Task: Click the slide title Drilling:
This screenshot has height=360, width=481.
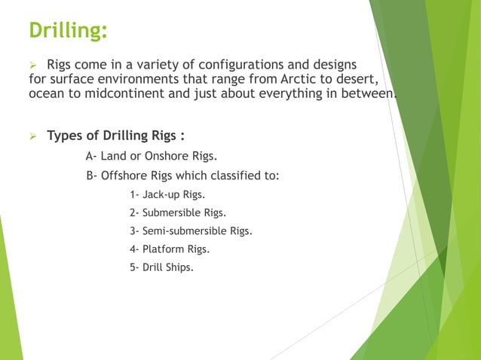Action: [68, 31]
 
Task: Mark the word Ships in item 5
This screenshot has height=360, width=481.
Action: [179, 267]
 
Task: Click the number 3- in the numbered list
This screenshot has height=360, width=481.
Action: [134, 230]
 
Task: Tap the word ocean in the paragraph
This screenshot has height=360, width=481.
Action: [46, 94]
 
